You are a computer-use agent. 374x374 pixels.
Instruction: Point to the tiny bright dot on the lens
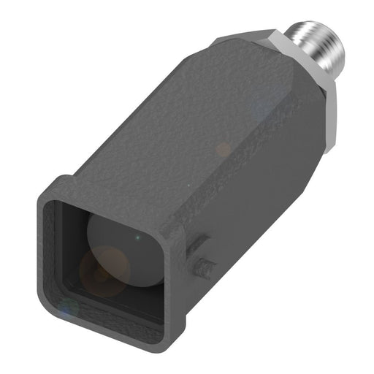pos(137,237)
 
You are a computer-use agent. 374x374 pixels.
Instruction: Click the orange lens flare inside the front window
pos(104,267)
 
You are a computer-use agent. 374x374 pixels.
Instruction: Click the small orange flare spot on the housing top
pos(223,150)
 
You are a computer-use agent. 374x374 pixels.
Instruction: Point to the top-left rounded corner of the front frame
pos(55,186)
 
